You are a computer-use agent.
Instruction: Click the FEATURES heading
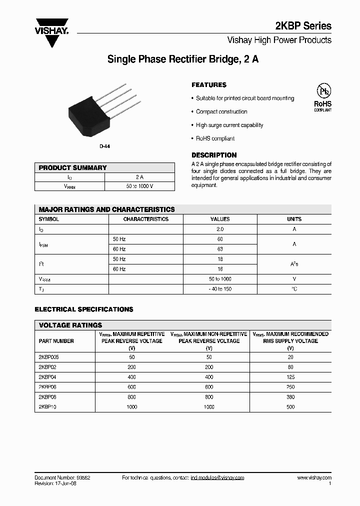point(209,85)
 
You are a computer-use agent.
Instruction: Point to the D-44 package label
point(104,146)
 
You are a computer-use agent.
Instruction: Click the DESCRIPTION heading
point(214,155)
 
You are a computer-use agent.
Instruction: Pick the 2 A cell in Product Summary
point(139,177)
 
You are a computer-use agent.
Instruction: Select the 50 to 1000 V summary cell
point(139,186)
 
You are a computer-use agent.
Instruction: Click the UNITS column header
point(294,219)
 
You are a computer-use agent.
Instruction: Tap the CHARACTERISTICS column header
point(146,219)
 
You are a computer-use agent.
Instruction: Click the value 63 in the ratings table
point(220,249)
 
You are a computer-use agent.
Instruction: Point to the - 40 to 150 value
point(220,289)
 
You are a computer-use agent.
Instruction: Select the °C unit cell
point(294,289)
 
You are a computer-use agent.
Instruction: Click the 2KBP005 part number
point(49,357)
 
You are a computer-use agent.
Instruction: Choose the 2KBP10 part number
point(47,407)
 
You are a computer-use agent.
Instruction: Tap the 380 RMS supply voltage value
point(291,397)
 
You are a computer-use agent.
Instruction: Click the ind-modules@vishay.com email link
point(217,478)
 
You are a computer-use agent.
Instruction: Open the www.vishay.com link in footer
point(314,478)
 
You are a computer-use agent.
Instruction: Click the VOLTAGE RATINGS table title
point(70,325)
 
